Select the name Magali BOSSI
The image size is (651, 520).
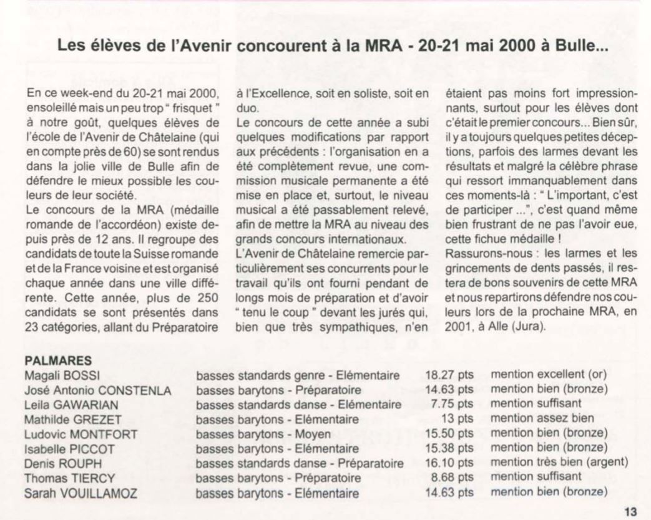[61, 375]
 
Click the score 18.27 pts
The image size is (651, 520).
[449, 375]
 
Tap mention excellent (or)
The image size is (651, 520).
[549, 375]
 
